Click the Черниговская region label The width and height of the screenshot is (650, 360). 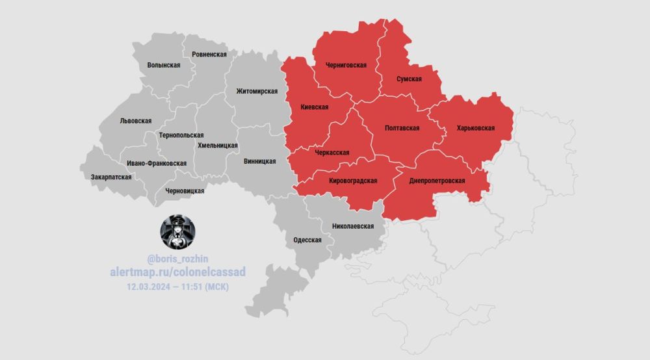pyautogui.click(x=345, y=65)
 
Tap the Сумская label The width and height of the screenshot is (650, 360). pyautogui.click(x=409, y=79)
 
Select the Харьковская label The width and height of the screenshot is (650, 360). pyautogui.click(x=476, y=128)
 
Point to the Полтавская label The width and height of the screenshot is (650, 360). pyautogui.click(x=402, y=128)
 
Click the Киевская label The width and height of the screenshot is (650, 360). pyautogui.click(x=315, y=107)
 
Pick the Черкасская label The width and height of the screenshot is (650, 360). pyautogui.click(x=332, y=153)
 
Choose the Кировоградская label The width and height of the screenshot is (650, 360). pyautogui.click(x=354, y=181)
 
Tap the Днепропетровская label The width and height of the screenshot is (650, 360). pyautogui.click(x=437, y=180)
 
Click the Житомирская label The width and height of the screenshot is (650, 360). pyautogui.click(x=257, y=91)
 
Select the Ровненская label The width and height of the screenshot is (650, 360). pyautogui.click(x=205, y=55)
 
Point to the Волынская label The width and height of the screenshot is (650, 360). pyautogui.click(x=164, y=65)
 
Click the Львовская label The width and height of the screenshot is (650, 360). pyautogui.click(x=136, y=121)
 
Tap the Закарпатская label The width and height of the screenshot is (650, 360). pyautogui.click(x=111, y=177)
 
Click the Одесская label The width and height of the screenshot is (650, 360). pyautogui.click(x=307, y=240)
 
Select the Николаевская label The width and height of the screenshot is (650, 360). pyautogui.click(x=353, y=226)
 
